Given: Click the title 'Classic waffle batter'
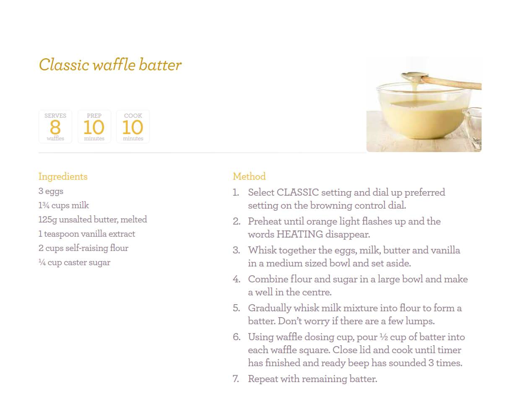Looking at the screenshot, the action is [110, 65].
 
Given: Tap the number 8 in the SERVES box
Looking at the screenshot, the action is [55, 127].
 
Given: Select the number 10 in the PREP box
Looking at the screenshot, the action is [94, 127].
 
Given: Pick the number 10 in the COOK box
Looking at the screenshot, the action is [133, 127].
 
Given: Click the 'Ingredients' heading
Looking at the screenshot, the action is [63, 177].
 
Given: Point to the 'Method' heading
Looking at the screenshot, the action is [249, 176].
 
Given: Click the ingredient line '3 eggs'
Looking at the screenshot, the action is [51, 191].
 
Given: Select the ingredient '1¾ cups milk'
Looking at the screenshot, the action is [64, 205].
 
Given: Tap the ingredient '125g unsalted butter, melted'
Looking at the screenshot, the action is [93, 220].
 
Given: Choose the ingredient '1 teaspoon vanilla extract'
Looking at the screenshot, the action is [87, 234].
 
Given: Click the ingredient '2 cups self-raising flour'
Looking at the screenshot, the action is [83, 248].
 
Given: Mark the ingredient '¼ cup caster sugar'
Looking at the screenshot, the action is [74, 263].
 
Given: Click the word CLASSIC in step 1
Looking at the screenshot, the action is [298, 192].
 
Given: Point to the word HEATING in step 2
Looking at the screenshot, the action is [300, 234].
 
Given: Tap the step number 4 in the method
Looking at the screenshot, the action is [237, 279].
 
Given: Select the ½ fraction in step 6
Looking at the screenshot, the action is [384, 337].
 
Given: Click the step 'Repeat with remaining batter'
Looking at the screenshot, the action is [312, 379].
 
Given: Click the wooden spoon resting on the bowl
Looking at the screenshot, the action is [442, 81].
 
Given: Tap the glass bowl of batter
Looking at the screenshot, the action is [424, 112].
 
